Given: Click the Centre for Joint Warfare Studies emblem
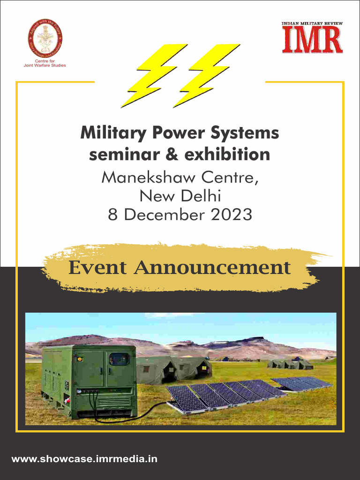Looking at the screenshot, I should pyautogui.click(x=45, y=38).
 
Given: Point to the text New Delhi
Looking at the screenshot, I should pyautogui.click(x=180, y=196).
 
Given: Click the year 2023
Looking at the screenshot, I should pyautogui.click(x=231, y=215).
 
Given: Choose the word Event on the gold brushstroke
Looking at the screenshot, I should pyautogui.click(x=97, y=268).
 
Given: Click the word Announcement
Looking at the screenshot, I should pyautogui.click(x=212, y=268).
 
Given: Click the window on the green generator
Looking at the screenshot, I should pyautogui.click(x=119, y=359).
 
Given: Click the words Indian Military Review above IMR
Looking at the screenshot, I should pyautogui.click(x=312, y=23).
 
